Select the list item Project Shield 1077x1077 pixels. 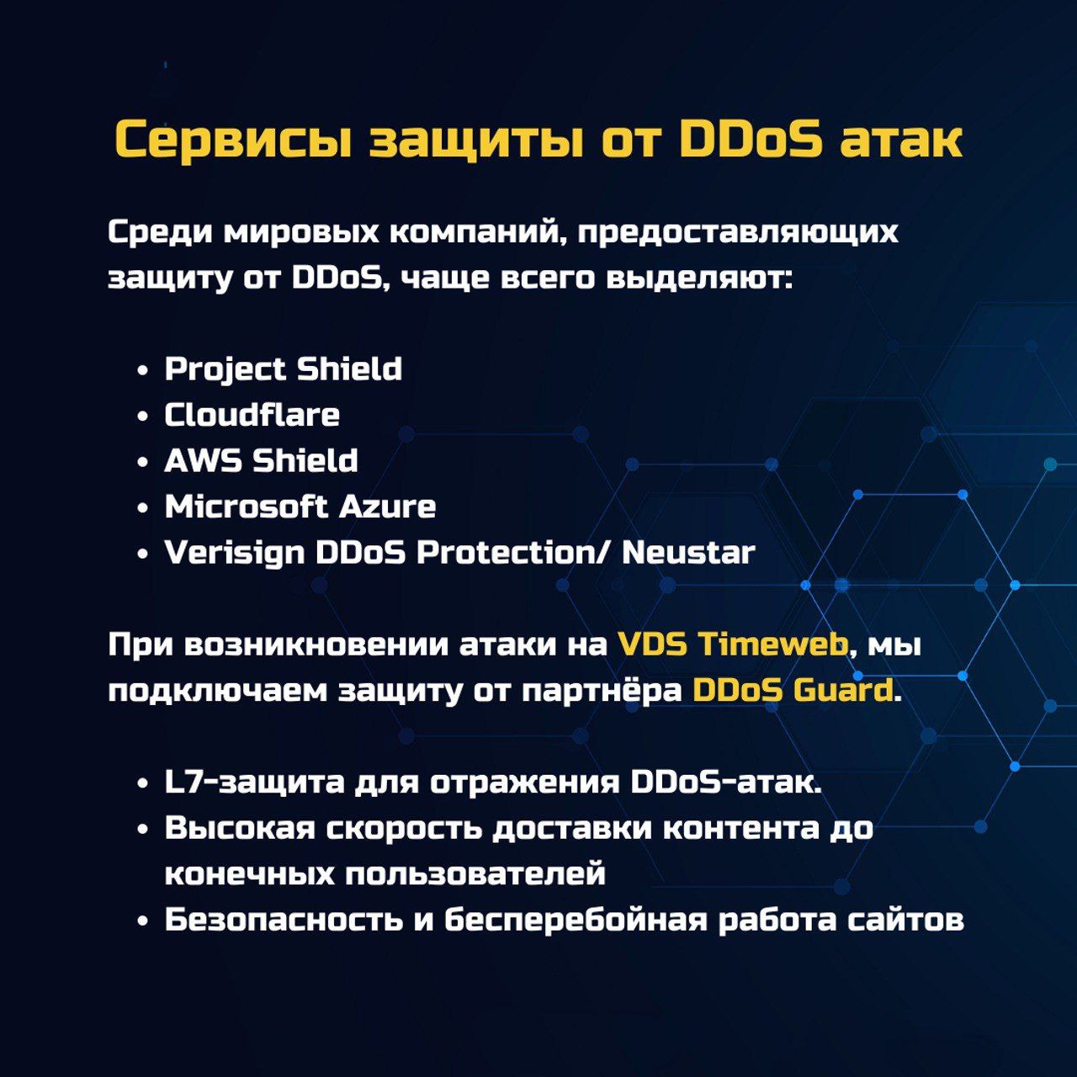point(284,369)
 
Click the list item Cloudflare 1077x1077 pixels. point(252,415)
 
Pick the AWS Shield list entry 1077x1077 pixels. point(261,460)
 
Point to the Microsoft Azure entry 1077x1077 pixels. point(300,507)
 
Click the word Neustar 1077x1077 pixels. point(688,553)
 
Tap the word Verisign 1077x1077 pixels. point(234,554)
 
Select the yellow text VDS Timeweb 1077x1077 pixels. point(733,645)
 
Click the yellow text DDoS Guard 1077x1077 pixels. point(793,691)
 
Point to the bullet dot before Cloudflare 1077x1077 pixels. point(143,416)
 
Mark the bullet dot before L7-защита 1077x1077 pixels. point(143,783)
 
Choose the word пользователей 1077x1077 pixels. point(475,874)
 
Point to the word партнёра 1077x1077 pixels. point(602,692)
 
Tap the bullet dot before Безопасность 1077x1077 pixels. point(143,921)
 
